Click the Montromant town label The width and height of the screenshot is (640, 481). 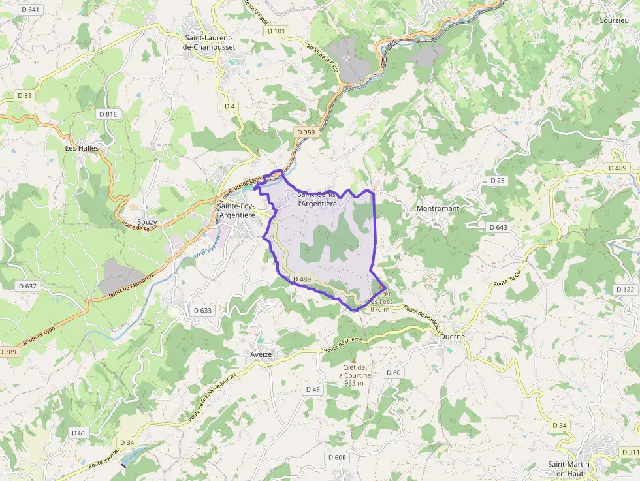tap(438, 208)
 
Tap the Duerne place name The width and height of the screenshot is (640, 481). tap(453, 337)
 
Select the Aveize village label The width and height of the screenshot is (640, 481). tap(261, 354)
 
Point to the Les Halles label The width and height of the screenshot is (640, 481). tap(82, 148)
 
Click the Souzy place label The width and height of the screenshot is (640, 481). tap(147, 222)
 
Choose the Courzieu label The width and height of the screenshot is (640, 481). tap(615, 20)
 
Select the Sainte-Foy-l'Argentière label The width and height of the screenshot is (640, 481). tap(236, 211)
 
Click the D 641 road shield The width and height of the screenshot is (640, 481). tap(30, 10)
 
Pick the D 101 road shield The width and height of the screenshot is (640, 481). tap(276, 31)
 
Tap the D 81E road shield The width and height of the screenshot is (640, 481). tap(109, 114)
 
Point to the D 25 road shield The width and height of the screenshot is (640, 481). tap(497, 180)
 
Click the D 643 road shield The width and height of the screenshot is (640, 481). tap(498, 227)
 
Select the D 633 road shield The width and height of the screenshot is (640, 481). tap(202, 310)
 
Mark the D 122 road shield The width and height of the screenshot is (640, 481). tap(625, 289)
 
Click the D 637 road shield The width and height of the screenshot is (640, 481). tap(28, 286)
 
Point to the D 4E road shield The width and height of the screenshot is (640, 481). tap(313, 389)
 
